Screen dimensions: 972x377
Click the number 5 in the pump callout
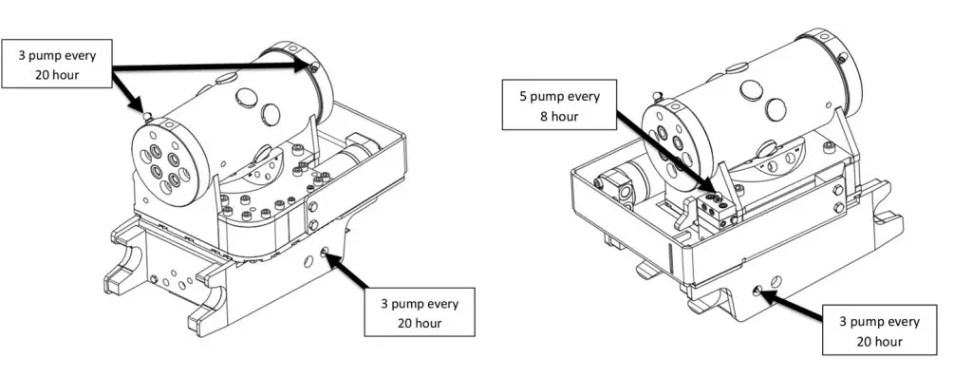tap(523, 97)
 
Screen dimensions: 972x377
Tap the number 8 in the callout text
tap(544, 116)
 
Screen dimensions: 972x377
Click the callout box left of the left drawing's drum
tap(56, 64)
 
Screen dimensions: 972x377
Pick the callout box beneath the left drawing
tap(420, 311)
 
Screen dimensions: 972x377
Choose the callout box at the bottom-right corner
tap(879, 330)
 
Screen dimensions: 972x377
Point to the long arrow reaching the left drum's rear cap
tap(214, 65)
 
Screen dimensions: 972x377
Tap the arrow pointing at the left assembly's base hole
tap(348, 270)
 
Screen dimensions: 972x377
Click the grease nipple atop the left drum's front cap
tap(148, 116)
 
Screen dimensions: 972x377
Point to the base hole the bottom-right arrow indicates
tap(757, 291)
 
